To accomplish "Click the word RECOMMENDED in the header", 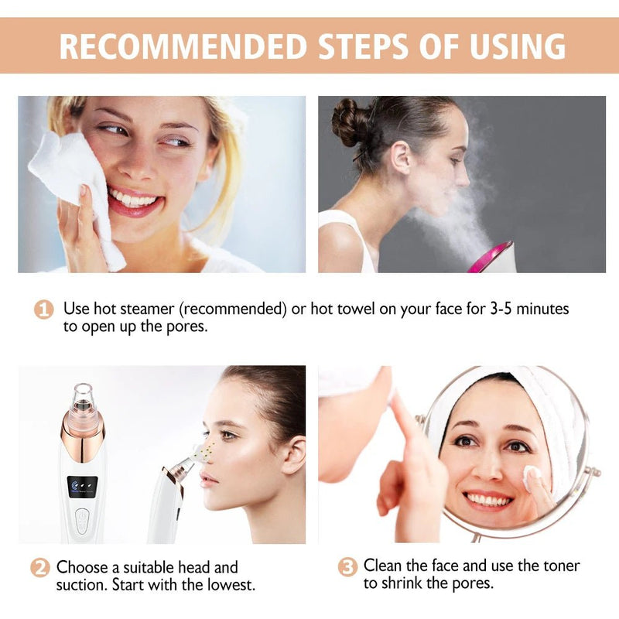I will point(183,46).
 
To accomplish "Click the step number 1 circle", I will point(44,309).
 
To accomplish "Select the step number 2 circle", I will point(40,567).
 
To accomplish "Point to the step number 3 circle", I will point(348,567).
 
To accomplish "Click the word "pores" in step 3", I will point(471,583).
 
